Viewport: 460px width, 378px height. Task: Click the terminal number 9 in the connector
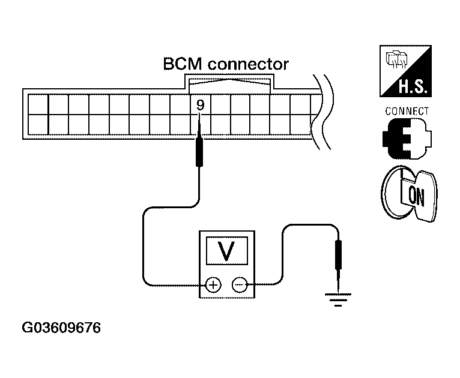point(200,105)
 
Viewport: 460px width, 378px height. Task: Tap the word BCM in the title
point(183,64)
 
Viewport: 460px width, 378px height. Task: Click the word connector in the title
point(248,64)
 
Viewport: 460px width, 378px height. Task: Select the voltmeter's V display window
point(227,251)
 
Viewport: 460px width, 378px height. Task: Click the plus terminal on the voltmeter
point(213,285)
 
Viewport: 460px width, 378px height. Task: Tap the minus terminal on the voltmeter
point(240,285)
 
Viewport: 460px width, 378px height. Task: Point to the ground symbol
point(338,299)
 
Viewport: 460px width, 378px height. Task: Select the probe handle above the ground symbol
point(338,254)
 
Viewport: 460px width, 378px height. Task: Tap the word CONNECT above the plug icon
point(407,112)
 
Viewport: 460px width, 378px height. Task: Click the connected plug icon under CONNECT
point(407,139)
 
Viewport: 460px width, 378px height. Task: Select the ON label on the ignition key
point(416,196)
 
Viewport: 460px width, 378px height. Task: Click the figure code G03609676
point(61,328)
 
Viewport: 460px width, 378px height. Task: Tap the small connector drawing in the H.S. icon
point(396,59)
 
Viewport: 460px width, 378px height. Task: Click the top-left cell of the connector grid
point(38,104)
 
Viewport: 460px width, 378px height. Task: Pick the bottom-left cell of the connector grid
point(38,125)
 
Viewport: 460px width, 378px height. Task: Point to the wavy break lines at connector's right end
point(322,112)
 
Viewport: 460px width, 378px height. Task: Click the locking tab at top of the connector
point(229,84)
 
